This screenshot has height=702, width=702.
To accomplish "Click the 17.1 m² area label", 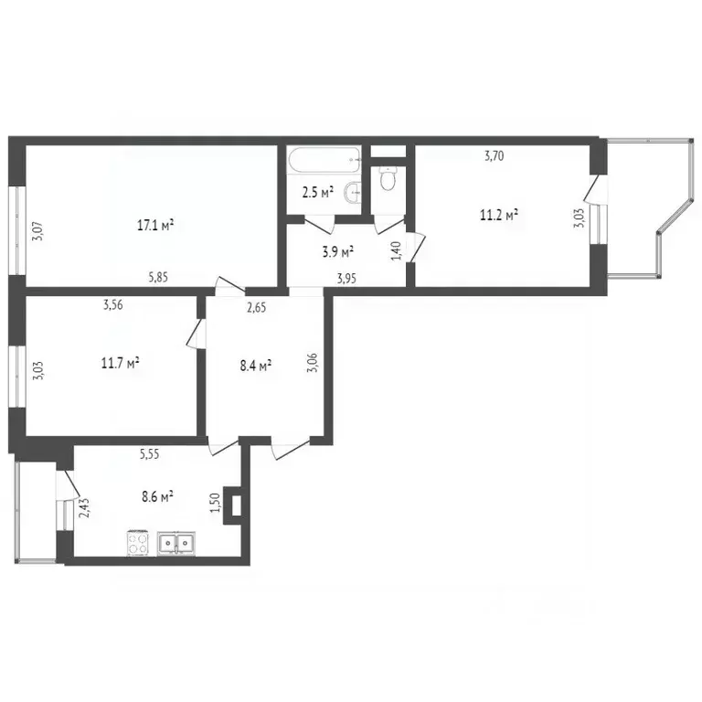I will click(x=156, y=225).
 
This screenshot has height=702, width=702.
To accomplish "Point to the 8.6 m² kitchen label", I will click(x=157, y=497).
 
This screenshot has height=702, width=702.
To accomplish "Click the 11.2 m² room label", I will click(x=499, y=216).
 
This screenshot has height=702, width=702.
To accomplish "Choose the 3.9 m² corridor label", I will click(x=338, y=250).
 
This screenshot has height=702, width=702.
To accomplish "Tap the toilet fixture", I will click(x=387, y=179).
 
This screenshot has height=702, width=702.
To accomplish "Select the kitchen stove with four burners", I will click(x=138, y=543).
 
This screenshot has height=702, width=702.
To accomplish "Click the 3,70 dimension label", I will click(x=494, y=155).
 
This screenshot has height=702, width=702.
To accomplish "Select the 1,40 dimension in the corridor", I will click(x=396, y=251).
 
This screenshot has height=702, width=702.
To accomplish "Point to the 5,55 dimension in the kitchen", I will click(x=152, y=453).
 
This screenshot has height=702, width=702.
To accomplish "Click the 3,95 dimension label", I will click(x=347, y=279).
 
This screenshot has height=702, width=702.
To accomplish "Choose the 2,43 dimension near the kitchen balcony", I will click(x=85, y=506).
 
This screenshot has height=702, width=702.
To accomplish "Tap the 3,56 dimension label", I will click(x=113, y=306).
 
